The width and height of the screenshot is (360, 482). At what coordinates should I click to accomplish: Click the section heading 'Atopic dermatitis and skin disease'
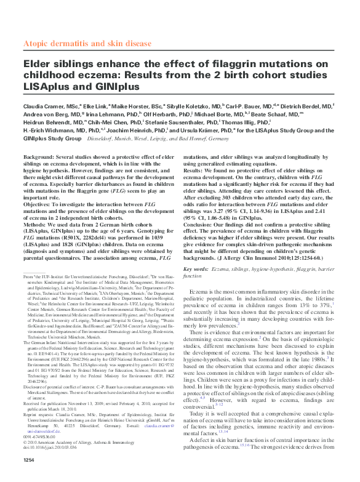tap(86, 44)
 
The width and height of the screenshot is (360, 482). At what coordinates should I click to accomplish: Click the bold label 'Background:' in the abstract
tap(42, 158)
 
